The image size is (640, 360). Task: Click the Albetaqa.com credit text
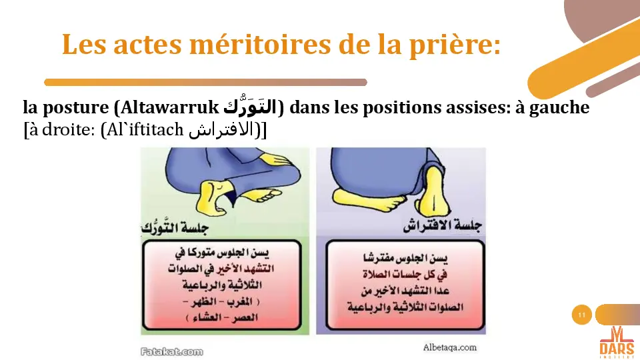click(449, 347)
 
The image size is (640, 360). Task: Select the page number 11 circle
click(582, 315)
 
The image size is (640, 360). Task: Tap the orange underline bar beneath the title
click(205, 83)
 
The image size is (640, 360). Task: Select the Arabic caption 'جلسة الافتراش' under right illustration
click(443, 226)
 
